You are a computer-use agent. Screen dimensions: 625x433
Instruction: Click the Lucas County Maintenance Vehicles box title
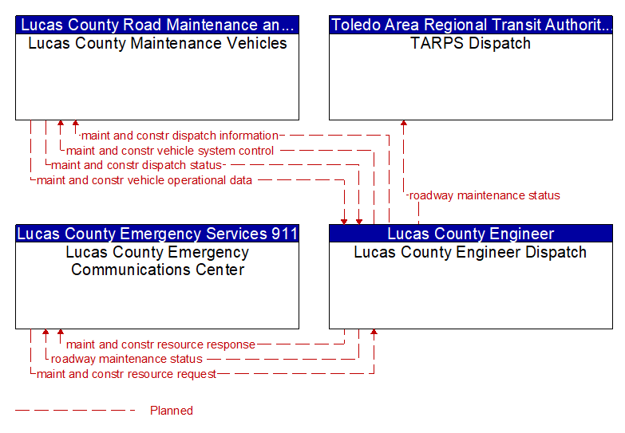[x=157, y=43]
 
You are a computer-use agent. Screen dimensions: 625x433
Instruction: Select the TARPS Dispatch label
[x=471, y=43]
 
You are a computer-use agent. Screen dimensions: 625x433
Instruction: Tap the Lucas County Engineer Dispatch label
[x=470, y=253]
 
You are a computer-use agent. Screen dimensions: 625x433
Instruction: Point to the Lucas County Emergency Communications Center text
[x=157, y=261]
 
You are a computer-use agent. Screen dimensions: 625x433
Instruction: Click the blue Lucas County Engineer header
[x=471, y=234]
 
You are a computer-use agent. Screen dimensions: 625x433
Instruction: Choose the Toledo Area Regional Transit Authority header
[x=471, y=25]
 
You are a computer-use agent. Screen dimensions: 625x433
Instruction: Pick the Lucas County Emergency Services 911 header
[x=157, y=234]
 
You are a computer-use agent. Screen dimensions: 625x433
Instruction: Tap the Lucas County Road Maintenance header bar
[x=157, y=25]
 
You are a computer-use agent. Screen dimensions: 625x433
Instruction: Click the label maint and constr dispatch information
[x=180, y=136]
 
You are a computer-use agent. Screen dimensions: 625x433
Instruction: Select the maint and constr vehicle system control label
[x=170, y=151]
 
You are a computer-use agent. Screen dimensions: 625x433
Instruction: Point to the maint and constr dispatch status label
[x=136, y=165]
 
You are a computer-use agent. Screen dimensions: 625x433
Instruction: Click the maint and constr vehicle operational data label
[x=144, y=180]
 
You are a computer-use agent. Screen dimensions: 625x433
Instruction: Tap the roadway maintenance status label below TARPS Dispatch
[x=485, y=195]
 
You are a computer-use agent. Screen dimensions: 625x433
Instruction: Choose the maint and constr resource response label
[x=160, y=344]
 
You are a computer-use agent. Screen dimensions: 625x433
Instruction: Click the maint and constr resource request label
[x=126, y=374]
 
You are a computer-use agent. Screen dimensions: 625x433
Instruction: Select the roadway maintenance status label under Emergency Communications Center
[x=127, y=360]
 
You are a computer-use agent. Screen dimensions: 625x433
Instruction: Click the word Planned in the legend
[x=172, y=411]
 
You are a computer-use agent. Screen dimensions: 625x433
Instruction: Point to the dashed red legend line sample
[x=75, y=411]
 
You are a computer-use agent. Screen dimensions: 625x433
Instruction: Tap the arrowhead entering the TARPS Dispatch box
[x=404, y=123]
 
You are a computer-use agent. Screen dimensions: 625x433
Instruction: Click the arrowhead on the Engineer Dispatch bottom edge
[x=374, y=332]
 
